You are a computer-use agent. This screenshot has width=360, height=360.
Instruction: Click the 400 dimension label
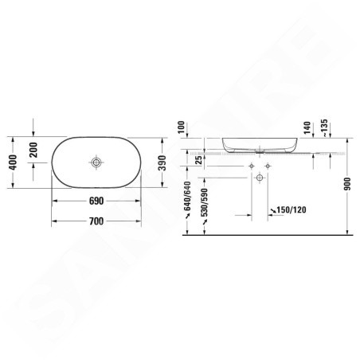point(13,162)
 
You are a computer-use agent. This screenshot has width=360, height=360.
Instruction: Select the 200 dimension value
point(33,150)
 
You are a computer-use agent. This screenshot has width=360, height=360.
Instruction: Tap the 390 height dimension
point(162,162)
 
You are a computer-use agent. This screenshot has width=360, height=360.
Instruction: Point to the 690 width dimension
point(96,201)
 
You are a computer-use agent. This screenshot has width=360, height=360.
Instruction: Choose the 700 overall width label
point(96,221)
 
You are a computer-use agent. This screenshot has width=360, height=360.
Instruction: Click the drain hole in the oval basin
point(96,162)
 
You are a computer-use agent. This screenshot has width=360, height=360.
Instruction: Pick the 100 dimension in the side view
point(181,127)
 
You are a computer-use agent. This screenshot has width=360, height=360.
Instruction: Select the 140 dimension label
point(307,127)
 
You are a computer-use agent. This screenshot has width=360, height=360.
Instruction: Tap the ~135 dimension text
point(324,128)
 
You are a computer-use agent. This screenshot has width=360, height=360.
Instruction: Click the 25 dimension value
point(198,160)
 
